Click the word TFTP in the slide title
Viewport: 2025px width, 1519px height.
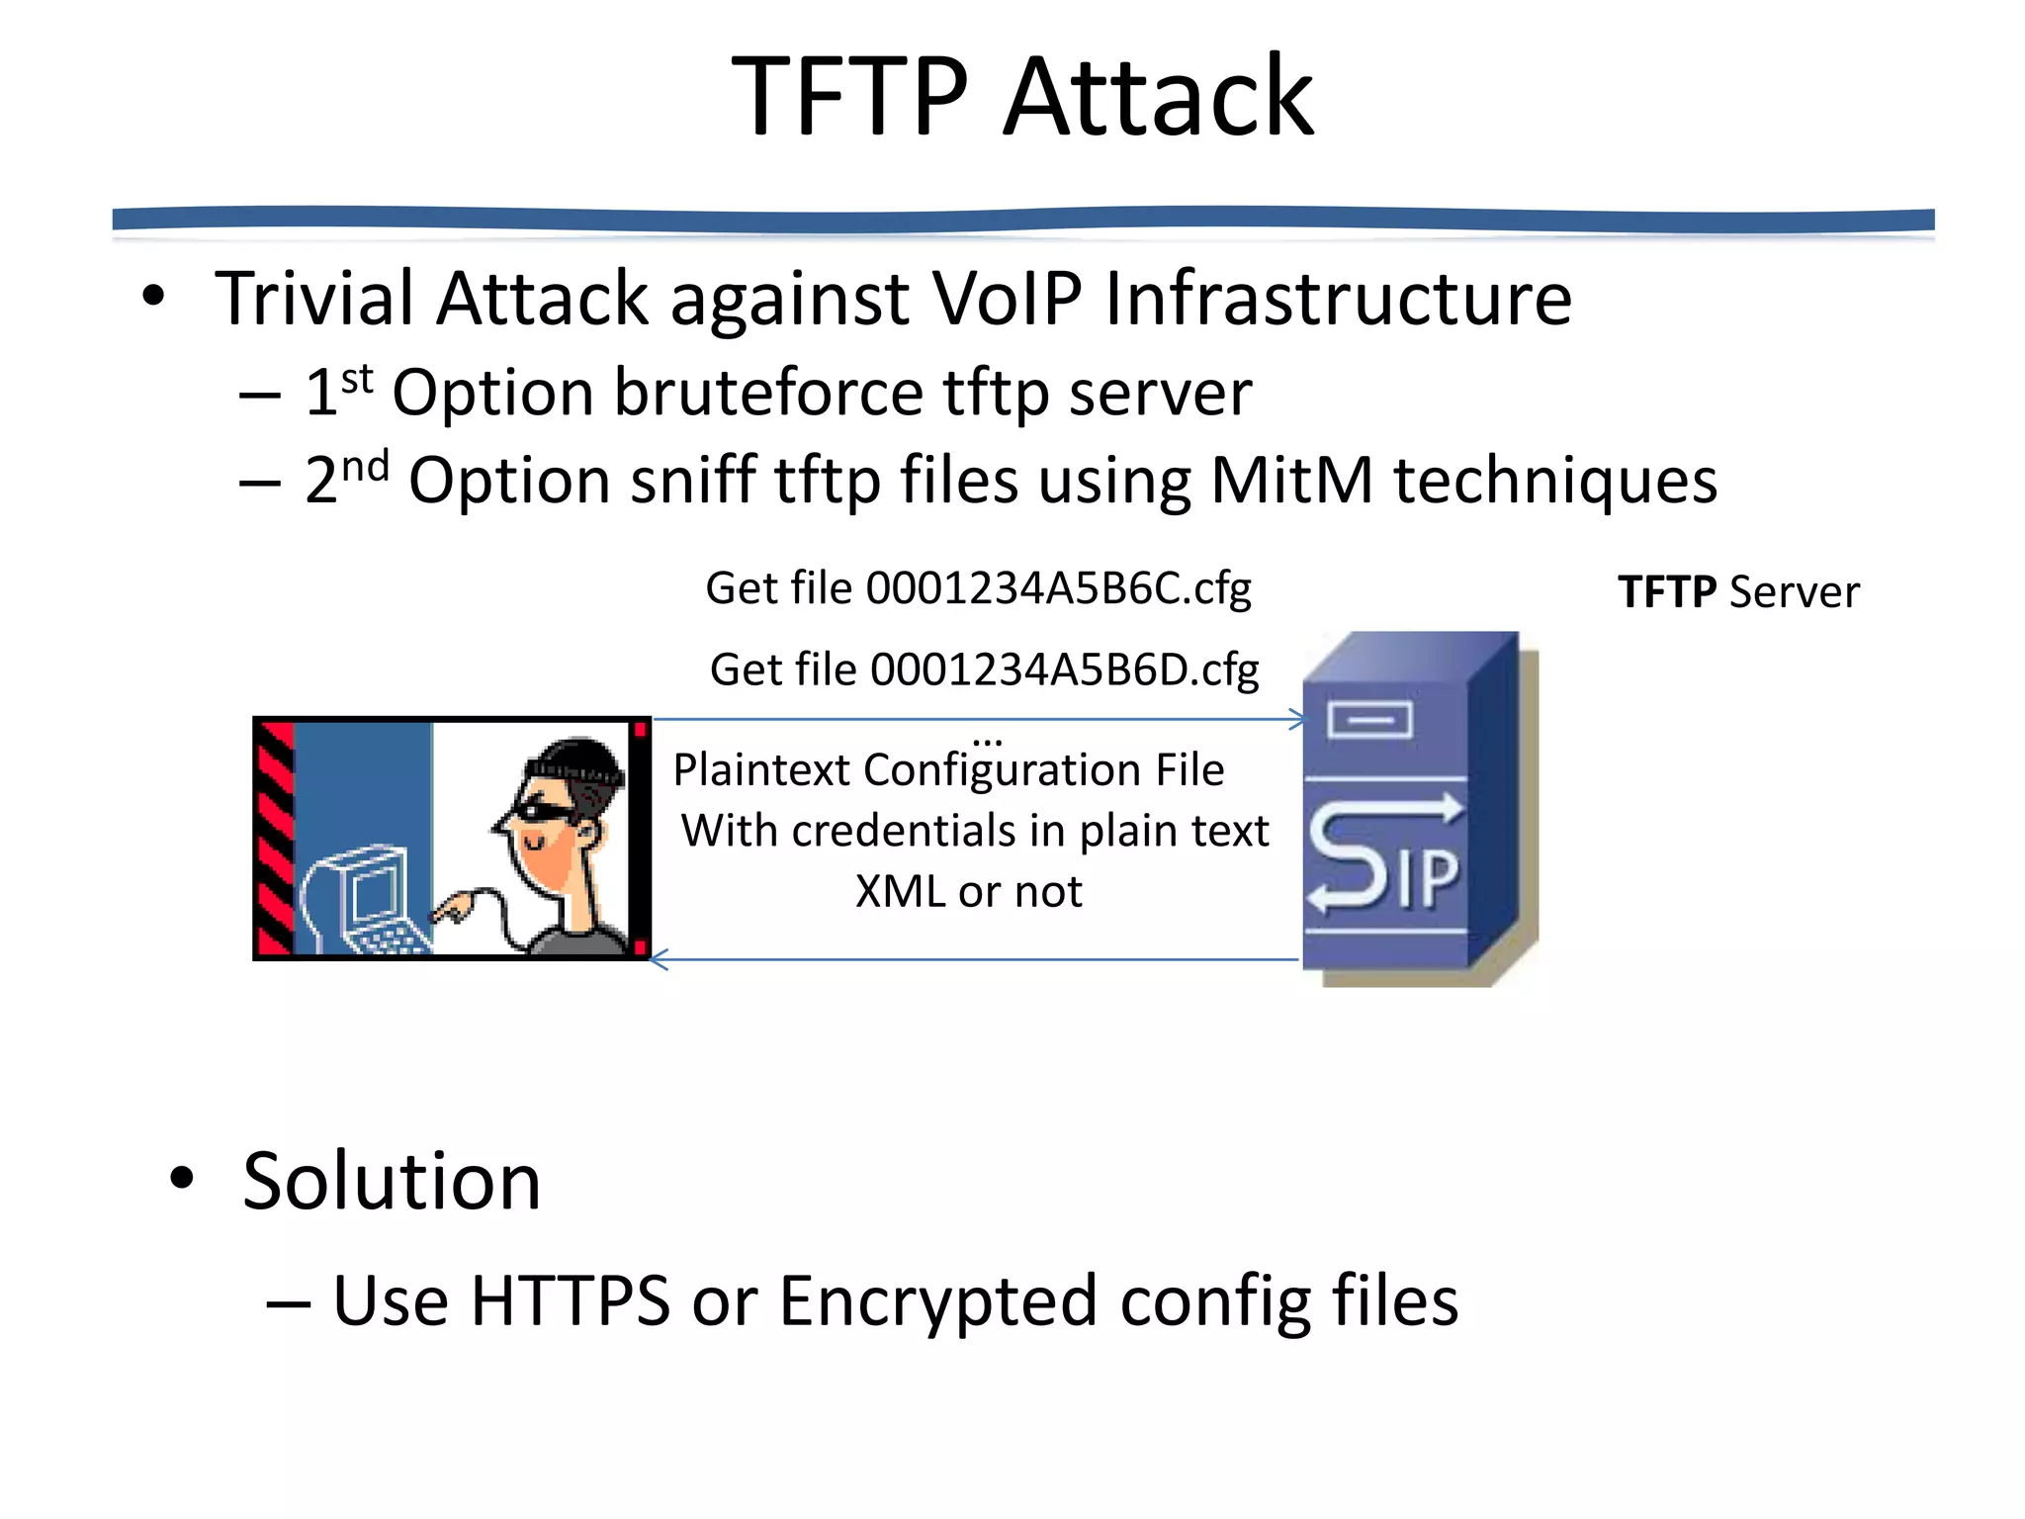point(850,97)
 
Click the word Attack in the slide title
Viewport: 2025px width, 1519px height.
point(1159,97)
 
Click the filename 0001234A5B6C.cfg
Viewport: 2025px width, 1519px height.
point(1058,589)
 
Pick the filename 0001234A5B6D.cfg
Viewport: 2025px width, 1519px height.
point(1064,670)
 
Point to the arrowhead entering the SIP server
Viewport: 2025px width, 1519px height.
point(1296,720)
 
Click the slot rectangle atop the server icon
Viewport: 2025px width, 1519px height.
point(1369,720)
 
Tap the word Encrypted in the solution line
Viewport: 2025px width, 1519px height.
point(937,1300)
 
